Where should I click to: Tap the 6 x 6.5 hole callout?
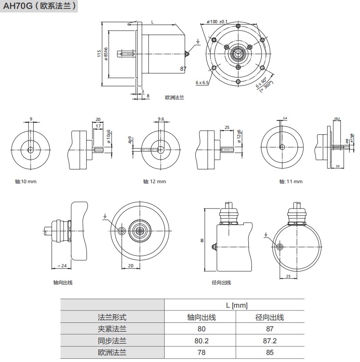click(x=202, y=83)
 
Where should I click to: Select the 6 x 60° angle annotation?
click(x=262, y=83)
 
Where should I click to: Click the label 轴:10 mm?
click(x=25, y=181)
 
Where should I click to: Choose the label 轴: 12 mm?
click(x=154, y=181)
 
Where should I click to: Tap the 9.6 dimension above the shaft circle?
click(x=161, y=119)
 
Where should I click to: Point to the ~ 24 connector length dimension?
click(x=62, y=265)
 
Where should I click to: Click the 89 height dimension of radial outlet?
click(x=202, y=240)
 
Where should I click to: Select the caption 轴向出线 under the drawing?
click(x=62, y=282)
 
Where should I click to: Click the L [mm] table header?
click(x=236, y=306)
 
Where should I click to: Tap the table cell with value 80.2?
click(x=201, y=341)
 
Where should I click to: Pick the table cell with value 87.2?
click(x=270, y=341)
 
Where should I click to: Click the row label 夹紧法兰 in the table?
click(x=112, y=329)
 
